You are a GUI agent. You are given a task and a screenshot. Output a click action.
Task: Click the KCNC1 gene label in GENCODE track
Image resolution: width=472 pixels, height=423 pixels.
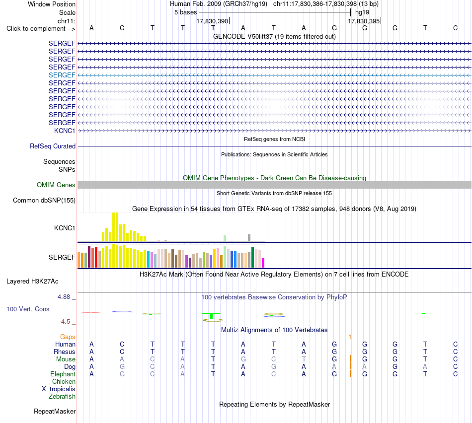tap(65, 131)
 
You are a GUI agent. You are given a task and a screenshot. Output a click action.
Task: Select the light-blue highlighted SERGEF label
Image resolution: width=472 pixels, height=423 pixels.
tap(62, 75)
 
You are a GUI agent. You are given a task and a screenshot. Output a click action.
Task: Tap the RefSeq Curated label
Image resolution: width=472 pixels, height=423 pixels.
tap(53, 146)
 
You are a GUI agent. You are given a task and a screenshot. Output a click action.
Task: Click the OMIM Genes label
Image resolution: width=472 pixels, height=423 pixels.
tap(56, 185)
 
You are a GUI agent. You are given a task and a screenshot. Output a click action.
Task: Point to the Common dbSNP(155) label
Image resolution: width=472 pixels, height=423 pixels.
tap(44, 201)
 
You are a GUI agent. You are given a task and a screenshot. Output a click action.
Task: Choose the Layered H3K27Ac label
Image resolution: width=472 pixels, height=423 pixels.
tap(32, 282)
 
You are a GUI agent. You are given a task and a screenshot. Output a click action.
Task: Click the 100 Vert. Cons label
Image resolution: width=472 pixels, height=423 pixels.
tap(28, 309)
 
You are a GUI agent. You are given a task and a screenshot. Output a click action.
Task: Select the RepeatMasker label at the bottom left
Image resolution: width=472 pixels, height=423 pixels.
tap(55, 411)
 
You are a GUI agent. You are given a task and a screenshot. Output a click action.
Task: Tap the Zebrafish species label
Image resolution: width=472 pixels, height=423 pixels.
tap(62, 397)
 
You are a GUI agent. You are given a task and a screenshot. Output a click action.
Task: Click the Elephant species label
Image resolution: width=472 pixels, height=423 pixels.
tap(63, 374)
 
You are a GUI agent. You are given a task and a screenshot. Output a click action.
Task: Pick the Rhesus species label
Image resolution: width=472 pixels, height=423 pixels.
tap(65, 352)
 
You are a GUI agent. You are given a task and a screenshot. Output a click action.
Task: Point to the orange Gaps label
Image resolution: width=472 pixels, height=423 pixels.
tap(68, 337)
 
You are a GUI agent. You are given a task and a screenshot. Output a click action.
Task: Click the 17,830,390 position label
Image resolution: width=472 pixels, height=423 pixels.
tap(212, 21)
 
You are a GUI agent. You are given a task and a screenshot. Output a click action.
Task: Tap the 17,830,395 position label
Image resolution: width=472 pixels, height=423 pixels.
tap(364, 21)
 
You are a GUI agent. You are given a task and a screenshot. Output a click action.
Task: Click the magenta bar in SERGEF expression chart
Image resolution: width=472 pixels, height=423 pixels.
tap(263, 263)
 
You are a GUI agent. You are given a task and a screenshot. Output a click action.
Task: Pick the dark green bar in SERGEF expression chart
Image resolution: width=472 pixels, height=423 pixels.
tap(252, 257)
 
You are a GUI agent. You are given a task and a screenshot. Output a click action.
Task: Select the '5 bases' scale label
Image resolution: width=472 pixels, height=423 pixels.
tap(185, 12)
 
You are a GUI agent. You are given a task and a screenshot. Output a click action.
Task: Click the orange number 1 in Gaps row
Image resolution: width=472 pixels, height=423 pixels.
tap(350, 337)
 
